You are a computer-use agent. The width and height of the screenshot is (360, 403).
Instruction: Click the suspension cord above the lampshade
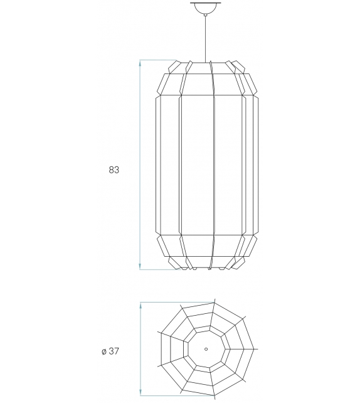(x=206, y=38)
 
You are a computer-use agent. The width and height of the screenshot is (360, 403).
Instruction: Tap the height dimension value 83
(x=114, y=169)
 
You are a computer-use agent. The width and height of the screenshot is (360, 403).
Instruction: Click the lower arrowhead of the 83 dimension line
(x=140, y=267)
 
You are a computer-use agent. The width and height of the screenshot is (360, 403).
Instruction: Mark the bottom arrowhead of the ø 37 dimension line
(x=141, y=394)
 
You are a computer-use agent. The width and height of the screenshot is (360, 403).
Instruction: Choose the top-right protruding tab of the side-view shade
(x=238, y=65)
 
